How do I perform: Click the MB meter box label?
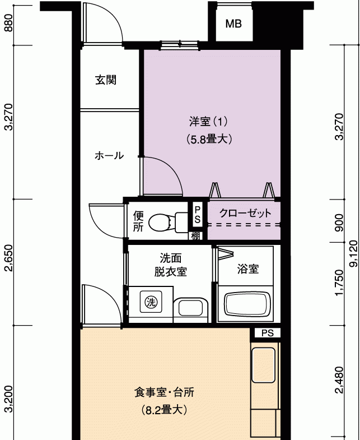233,24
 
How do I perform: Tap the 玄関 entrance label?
106,80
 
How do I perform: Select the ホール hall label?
109,155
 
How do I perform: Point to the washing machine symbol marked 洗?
151,302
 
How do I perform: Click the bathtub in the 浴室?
245,304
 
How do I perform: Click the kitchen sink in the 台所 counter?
263,365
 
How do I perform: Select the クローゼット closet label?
245,213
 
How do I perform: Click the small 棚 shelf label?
196,236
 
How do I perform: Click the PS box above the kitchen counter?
268,333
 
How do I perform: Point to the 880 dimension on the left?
8,23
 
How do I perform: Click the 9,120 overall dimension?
354,253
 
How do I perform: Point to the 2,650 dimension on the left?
8,258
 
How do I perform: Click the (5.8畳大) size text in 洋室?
209,139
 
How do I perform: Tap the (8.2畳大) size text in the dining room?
164,410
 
